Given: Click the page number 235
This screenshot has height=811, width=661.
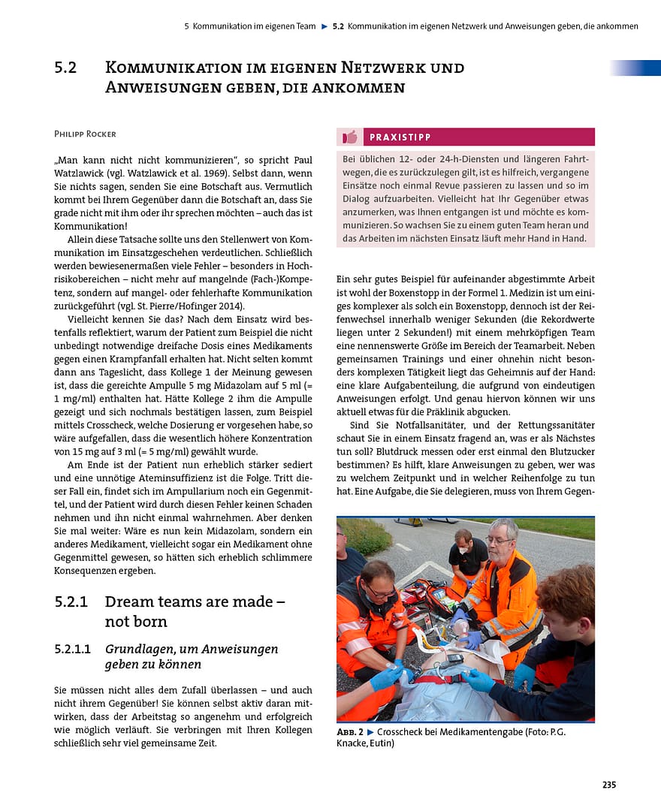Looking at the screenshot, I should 608,785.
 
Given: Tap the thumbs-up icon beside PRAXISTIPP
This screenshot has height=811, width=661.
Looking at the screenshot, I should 349,137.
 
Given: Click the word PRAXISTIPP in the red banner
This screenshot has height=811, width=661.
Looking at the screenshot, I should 400,137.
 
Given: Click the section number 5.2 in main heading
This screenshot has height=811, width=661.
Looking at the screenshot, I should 65,68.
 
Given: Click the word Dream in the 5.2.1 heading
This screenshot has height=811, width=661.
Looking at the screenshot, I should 128,601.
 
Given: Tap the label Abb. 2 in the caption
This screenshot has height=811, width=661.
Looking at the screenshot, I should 349,731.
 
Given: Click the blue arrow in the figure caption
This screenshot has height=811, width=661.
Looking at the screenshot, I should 370,731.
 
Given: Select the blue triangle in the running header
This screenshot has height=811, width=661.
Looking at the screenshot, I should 324,26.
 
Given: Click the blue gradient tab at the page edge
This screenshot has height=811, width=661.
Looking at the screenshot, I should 635,68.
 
